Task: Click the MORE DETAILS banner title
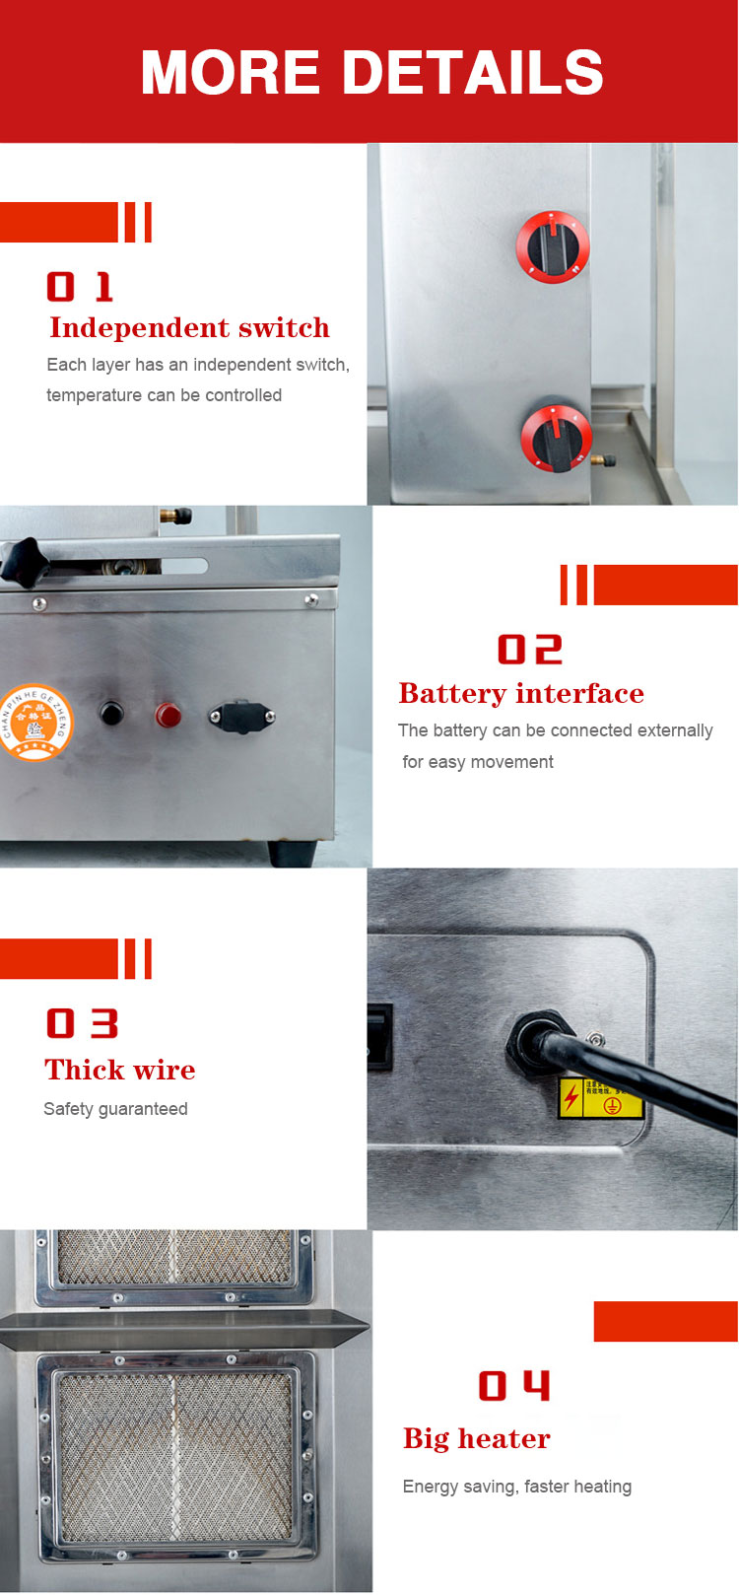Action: click(x=371, y=73)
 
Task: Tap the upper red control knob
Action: click(x=553, y=246)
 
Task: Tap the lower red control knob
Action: click(x=556, y=437)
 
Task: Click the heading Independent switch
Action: click(x=189, y=327)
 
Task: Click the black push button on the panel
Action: click(x=111, y=713)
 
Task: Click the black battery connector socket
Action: click(x=240, y=717)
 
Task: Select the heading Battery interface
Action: click(x=520, y=693)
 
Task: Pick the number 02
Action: click(x=529, y=650)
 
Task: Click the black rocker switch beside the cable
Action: click(x=379, y=1036)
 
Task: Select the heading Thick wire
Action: click(x=119, y=1070)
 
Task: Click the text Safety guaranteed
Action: click(x=115, y=1109)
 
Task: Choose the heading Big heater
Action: click(x=476, y=1438)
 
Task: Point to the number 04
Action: click(x=514, y=1386)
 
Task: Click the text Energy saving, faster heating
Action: click(x=516, y=1487)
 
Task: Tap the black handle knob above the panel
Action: click(x=22, y=560)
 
